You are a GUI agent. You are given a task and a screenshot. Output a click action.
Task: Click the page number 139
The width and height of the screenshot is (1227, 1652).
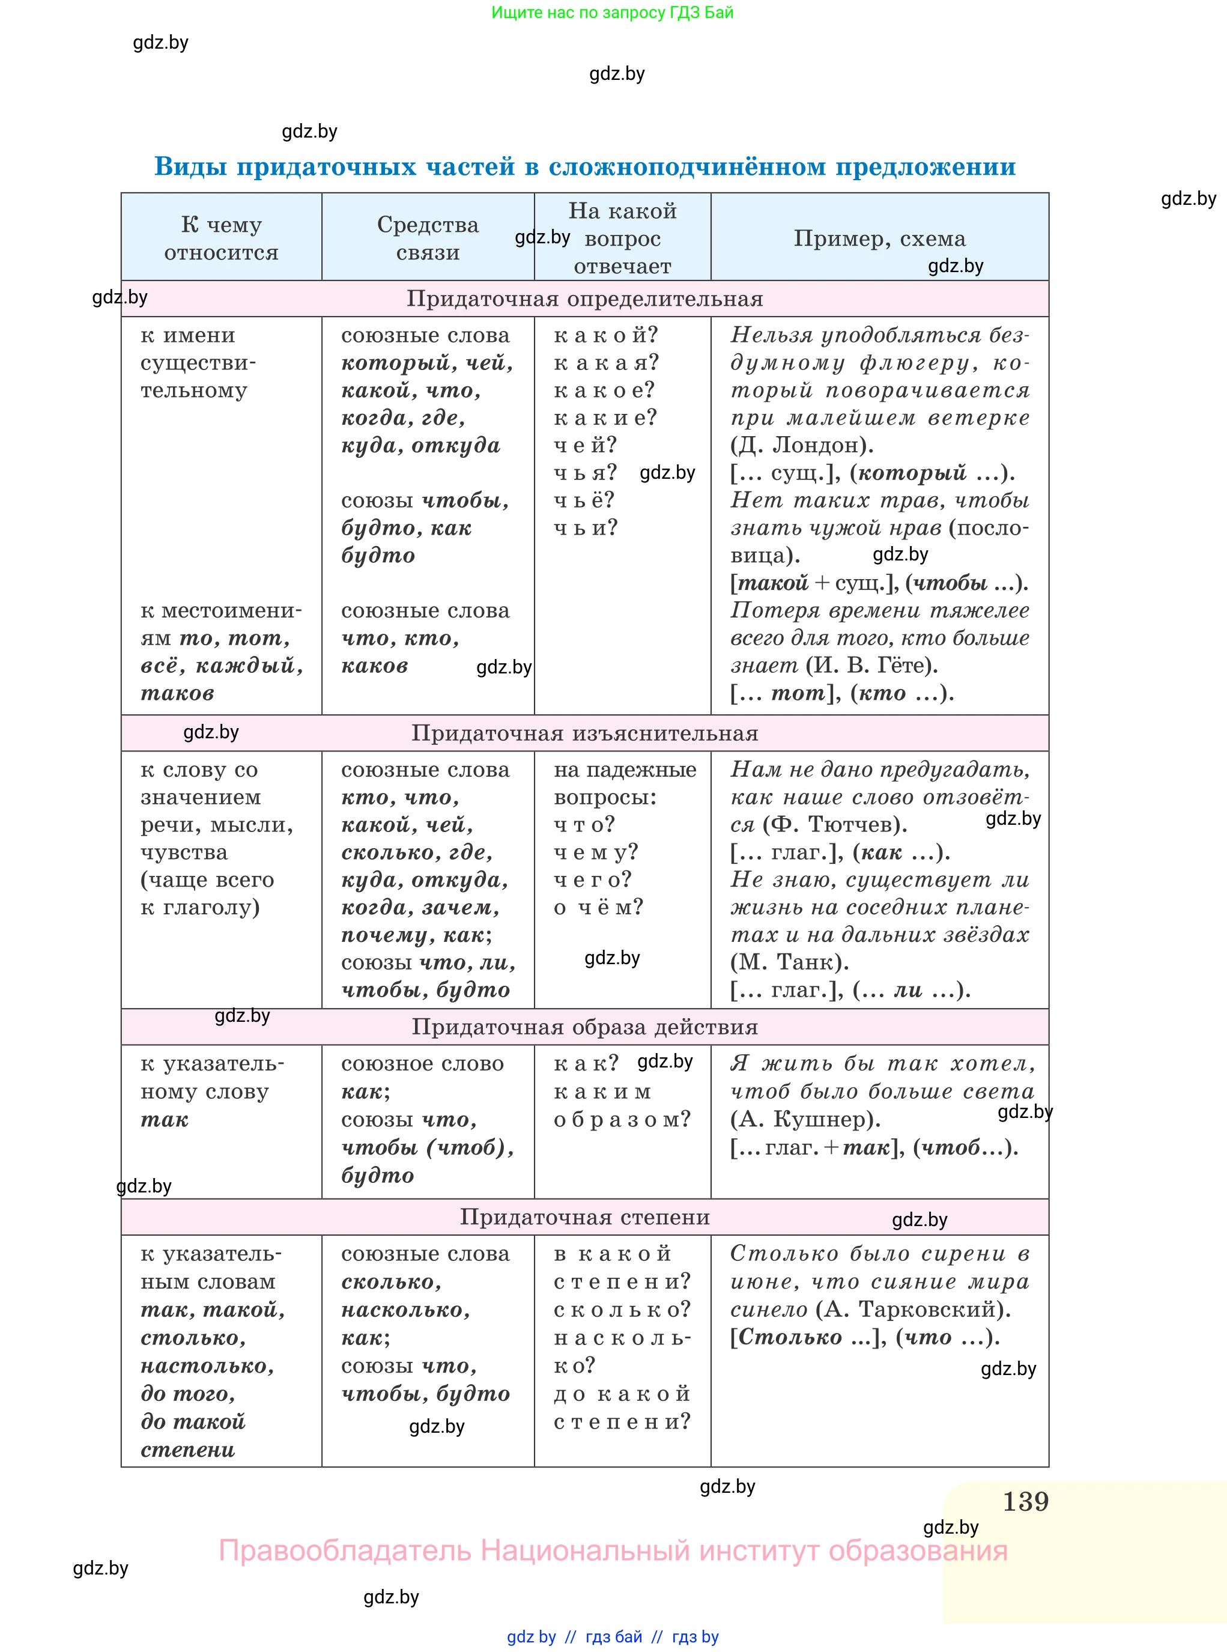point(1025,1501)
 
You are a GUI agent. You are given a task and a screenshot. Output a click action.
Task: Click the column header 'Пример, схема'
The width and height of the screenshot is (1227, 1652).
point(879,238)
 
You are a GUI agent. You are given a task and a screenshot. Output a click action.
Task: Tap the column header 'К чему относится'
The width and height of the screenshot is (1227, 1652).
point(222,238)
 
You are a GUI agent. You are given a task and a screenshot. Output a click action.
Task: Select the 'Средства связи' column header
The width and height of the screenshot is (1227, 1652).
point(428,238)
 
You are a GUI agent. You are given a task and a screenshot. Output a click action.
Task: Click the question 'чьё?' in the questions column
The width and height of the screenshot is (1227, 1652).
point(584,500)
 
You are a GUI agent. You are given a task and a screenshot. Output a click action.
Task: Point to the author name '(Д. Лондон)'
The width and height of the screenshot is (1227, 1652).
point(801,445)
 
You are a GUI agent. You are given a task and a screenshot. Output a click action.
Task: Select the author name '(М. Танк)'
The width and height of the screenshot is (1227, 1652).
point(789,962)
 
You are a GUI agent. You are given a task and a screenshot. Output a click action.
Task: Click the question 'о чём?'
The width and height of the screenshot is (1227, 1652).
point(599,907)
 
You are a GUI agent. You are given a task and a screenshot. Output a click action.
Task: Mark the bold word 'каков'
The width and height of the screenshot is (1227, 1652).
point(374,666)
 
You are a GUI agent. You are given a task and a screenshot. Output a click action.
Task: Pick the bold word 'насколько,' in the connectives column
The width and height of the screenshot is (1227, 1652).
point(405,1310)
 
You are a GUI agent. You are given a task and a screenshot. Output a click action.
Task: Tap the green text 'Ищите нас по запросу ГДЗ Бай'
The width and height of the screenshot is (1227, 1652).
point(612,13)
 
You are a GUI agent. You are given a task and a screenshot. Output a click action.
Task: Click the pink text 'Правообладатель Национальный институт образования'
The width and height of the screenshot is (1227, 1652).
point(613,1550)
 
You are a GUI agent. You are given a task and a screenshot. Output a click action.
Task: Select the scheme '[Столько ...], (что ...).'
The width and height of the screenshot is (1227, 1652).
point(864,1337)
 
